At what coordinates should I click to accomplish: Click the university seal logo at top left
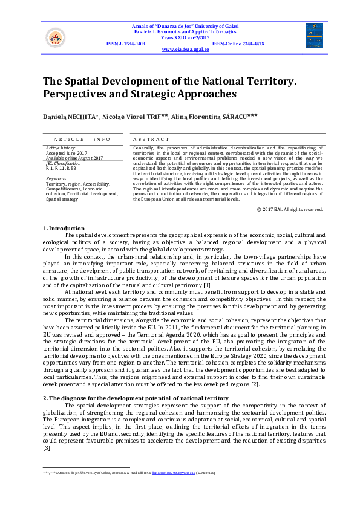tap(54, 37)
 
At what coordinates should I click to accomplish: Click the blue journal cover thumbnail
tap(314, 36)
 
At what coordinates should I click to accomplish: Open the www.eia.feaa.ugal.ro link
tap(185, 50)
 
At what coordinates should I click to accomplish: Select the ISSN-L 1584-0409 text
tap(125, 44)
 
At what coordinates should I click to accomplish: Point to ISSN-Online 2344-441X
tap(238, 44)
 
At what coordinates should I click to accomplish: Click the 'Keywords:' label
tap(57, 178)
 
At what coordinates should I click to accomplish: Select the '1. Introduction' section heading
tap(64, 228)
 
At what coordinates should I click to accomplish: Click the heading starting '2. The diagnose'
tap(136, 381)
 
